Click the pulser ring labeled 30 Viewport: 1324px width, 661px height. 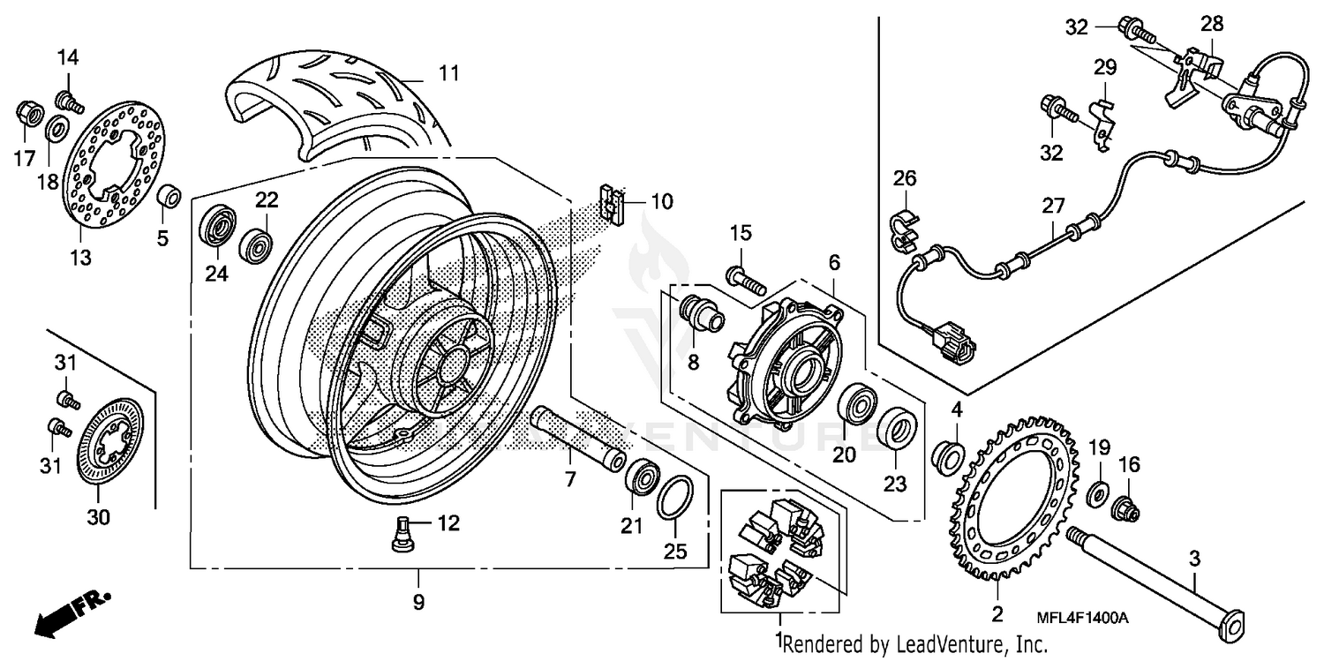(110, 441)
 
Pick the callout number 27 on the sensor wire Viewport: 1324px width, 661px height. (1052, 207)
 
